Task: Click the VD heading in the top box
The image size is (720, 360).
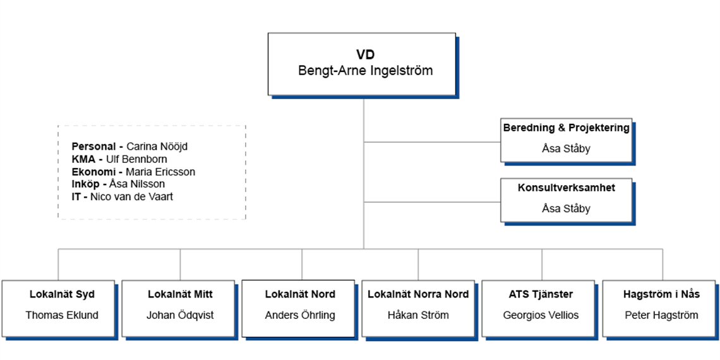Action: pos(366,55)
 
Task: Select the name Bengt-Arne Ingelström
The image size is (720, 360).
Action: pos(366,71)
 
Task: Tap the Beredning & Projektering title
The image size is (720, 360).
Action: pos(566,128)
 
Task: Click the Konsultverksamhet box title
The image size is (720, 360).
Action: pos(566,188)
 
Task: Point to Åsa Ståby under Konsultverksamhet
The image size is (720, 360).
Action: pos(566,208)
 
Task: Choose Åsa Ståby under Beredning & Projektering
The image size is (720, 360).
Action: pos(566,148)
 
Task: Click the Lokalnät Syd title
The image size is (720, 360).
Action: pos(62,294)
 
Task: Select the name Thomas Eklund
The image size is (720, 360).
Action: pos(62,315)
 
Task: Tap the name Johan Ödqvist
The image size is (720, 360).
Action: pos(180,315)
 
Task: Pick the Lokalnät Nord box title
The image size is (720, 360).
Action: pos(300,294)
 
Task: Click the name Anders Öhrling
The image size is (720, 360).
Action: pos(300,315)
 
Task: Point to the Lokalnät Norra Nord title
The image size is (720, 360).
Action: pos(418,294)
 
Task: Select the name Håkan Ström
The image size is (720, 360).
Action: pos(418,315)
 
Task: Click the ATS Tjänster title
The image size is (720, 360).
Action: pos(541,294)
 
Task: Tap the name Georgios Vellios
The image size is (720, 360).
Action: pos(541,315)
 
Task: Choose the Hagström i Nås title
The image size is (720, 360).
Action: pos(662,294)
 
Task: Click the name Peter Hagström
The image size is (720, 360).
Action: pos(662,315)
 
